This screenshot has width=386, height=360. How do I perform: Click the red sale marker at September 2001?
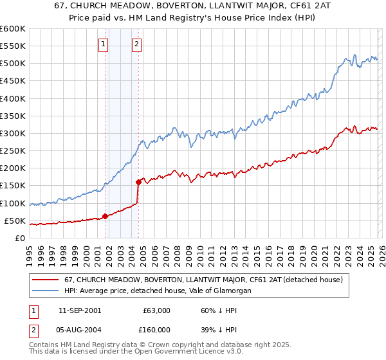click(x=105, y=216)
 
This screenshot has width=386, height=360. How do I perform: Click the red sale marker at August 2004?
click(x=138, y=182)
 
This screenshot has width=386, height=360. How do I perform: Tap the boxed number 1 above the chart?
click(x=104, y=44)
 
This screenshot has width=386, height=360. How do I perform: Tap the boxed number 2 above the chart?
click(x=137, y=44)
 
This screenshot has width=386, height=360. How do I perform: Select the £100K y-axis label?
click(x=13, y=203)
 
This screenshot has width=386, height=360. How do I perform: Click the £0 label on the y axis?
click(x=19, y=238)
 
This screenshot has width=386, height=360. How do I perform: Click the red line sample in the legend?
click(x=46, y=280)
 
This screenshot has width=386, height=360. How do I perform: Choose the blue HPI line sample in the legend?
click(x=46, y=291)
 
